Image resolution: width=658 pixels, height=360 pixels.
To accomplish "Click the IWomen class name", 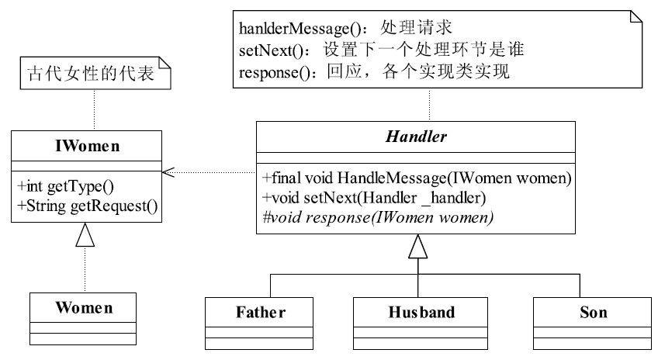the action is click(x=87, y=146).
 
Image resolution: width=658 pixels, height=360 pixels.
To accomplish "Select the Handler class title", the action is click(x=416, y=137).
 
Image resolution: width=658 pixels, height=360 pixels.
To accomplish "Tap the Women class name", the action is click(x=84, y=307).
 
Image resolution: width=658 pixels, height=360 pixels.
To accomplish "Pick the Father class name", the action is click(x=261, y=312).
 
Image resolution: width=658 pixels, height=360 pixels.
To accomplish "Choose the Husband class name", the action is click(x=421, y=312).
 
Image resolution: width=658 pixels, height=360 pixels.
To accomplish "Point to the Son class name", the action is click(x=594, y=312).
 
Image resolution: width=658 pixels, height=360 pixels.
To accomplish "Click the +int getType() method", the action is click(x=65, y=186).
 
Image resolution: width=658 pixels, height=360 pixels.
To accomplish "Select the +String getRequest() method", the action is click(x=87, y=206).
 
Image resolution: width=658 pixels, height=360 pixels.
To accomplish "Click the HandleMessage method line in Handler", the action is click(x=417, y=178).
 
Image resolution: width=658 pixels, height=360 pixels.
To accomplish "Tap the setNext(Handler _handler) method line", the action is click(x=374, y=198).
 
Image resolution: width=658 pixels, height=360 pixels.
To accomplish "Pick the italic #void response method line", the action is click(x=378, y=217).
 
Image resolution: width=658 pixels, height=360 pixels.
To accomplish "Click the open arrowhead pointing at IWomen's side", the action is click(x=168, y=172).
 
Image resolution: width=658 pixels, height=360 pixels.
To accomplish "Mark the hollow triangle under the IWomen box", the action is click(x=85, y=234).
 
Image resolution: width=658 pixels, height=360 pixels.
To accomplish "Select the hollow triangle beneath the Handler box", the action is click(x=418, y=246).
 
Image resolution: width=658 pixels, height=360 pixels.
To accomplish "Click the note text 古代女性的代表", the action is click(x=91, y=74).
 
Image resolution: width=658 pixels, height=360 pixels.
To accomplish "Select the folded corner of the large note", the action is click(x=636, y=16).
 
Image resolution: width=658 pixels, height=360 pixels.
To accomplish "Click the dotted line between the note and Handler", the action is click(x=429, y=105).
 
